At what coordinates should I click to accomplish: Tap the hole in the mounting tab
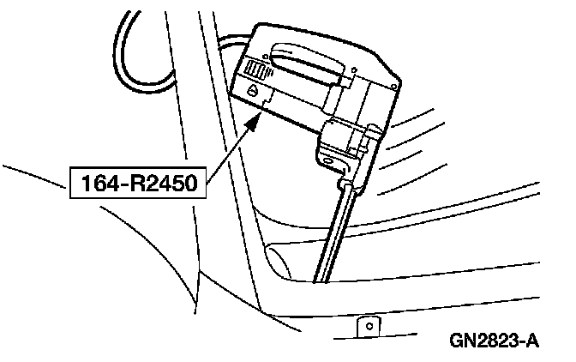click(x=369, y=323)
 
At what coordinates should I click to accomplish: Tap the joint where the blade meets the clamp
click(x=344, y=184)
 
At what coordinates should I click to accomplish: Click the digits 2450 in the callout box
click(x=168, y=182)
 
